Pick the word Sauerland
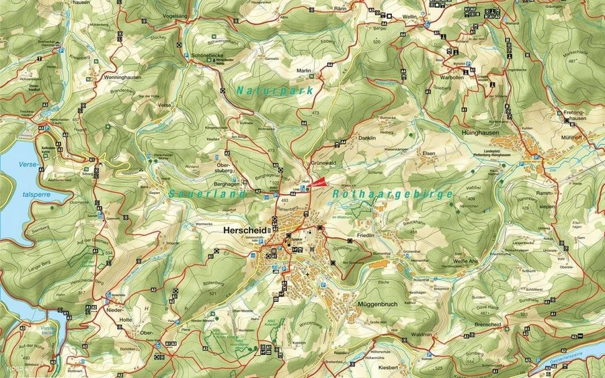200,193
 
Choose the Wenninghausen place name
114,77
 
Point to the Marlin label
305,70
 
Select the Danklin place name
366,138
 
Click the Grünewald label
323,162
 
